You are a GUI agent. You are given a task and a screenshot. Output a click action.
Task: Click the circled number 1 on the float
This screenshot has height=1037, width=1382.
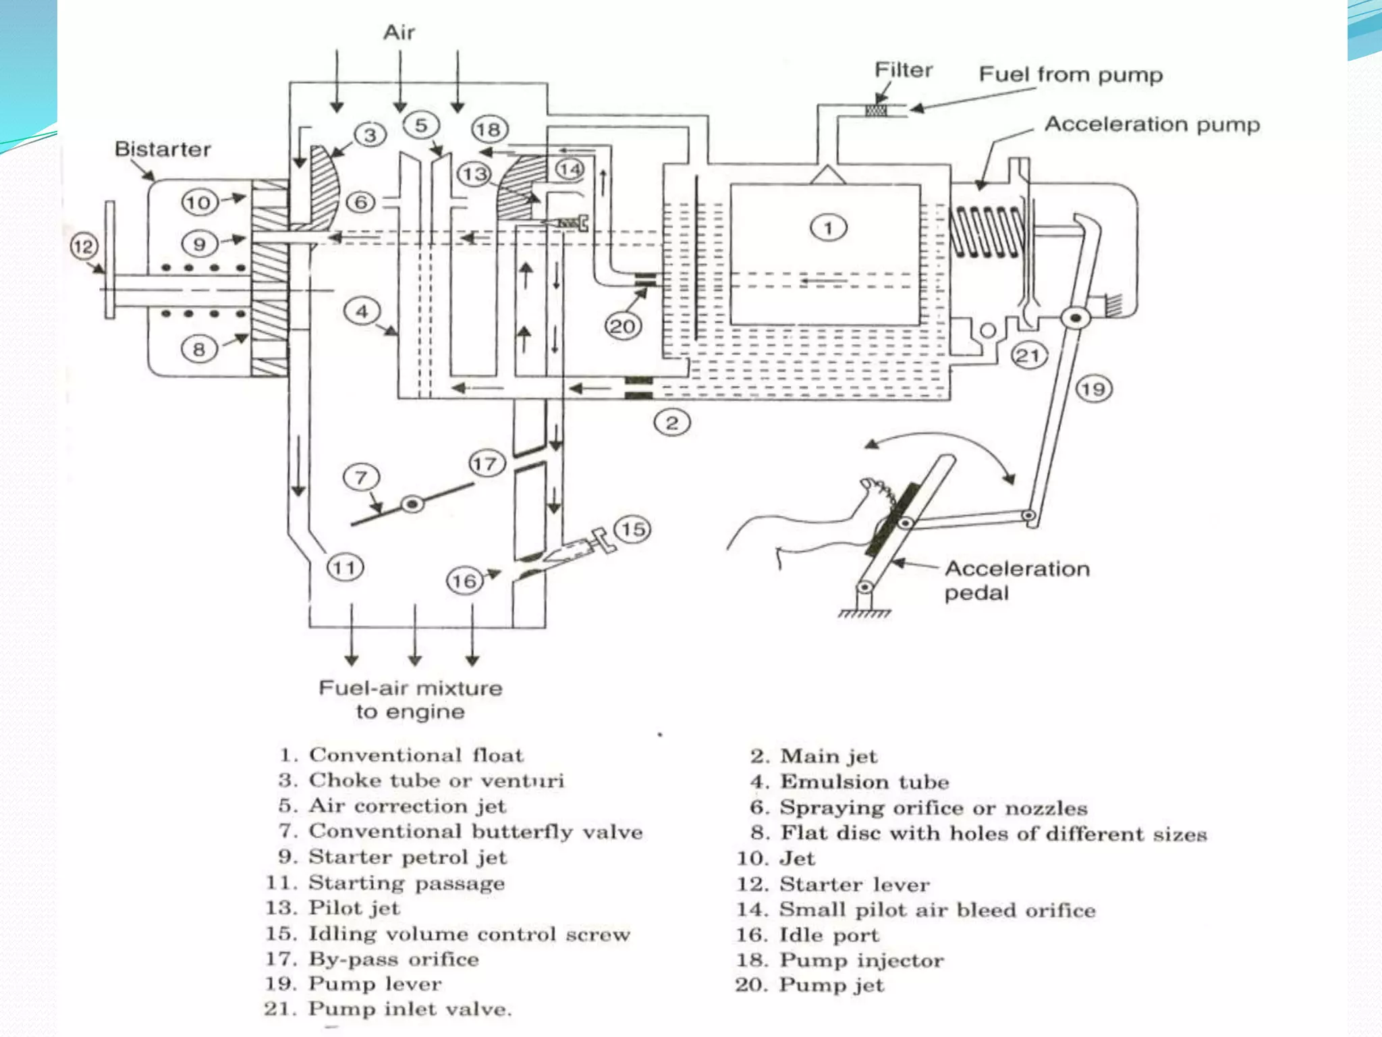[828, 228]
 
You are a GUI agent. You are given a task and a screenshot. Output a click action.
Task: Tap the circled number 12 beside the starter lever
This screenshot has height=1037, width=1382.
[84, 246]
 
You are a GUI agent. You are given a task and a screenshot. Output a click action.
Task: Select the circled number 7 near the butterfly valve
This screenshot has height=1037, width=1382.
[361, 477]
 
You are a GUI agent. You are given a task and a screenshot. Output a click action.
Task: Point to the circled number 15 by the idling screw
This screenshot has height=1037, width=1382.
[632, 529]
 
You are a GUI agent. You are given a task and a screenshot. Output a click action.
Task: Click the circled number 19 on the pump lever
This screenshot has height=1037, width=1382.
[1093, 389]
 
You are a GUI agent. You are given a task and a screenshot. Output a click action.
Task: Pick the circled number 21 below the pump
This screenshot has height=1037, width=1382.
[1028, 355]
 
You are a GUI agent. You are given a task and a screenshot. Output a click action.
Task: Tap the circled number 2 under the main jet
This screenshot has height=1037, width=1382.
[672, 423]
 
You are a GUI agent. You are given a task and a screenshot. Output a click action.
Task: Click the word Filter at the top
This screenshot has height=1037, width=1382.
[903, 70]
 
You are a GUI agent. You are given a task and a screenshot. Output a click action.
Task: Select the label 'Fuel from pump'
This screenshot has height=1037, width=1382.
[1071, 74]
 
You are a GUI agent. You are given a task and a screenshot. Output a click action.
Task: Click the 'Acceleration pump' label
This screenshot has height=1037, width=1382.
[1152, 124]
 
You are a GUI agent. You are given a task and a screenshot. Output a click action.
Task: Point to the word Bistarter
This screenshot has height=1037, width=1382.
[163, 149]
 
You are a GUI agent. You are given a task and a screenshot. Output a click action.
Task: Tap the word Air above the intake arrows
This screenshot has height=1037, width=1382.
[399, 32]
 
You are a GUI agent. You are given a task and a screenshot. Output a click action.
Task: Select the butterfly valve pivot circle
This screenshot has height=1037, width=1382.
[412, 504]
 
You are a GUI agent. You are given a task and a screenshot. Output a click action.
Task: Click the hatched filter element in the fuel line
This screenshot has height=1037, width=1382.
[876, 109]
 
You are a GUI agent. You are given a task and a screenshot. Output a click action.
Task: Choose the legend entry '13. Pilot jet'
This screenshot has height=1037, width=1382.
[333, 908]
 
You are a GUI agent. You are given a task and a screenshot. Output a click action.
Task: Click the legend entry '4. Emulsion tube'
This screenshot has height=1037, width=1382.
[850, 782]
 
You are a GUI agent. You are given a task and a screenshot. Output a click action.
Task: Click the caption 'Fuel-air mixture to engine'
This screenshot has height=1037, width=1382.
[410, 699]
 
